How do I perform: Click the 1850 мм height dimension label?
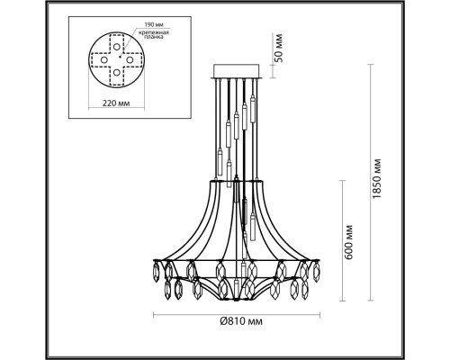pyautogui.click(x=376, y=178)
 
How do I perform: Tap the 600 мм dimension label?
pyautogui.click(x=349, y=242)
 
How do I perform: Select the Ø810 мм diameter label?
pyautogui.click(x=241, y=321)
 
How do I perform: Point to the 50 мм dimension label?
pyautogui.click(x=279, y=48)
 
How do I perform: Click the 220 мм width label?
pyautogui.click(x=116, y=103)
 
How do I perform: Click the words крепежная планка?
pyautogui.click(x=154, y=34)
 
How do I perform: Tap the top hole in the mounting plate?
pyautogui.click(x=117, y=47)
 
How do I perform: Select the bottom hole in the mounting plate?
pyautogui.click(x=117, y=73)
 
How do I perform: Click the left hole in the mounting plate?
pyautogui.click(x=103, y=59)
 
